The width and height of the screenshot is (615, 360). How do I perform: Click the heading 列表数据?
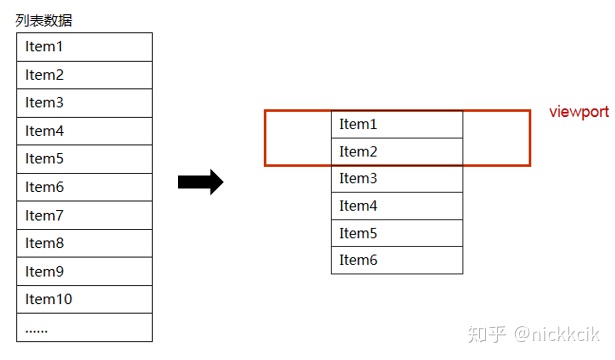point(44,20)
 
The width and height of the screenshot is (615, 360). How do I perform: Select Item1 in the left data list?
point(84,47)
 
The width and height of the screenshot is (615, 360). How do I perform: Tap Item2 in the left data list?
point(84,75)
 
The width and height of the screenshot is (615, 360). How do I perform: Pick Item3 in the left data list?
point(84,103)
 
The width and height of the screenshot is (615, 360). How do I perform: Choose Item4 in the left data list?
point(84,131)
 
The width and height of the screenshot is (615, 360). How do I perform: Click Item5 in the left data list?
point(84,159)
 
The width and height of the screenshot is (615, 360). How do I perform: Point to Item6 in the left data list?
point(84,187)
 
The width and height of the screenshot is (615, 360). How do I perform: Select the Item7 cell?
point(84,215)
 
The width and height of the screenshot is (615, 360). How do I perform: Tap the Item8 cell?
point(84,243)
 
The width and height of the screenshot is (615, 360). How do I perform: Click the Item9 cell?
point(84,271)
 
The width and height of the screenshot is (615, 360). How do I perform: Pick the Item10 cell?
point(84,299)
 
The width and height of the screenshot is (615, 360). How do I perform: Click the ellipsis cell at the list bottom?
point(84,327)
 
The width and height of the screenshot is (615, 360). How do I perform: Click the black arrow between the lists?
point(200,182)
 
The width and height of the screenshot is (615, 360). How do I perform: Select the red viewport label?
point(579,112)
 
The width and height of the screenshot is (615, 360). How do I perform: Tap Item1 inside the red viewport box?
point(397,124)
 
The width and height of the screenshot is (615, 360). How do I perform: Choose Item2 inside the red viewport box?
point(397,151)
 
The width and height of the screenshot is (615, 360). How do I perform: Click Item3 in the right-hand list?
point(397,178)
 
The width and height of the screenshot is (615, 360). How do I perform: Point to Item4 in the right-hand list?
point(397,206)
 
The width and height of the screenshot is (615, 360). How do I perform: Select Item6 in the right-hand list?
point(397,260)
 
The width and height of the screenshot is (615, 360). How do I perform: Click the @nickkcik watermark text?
point(557,334)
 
